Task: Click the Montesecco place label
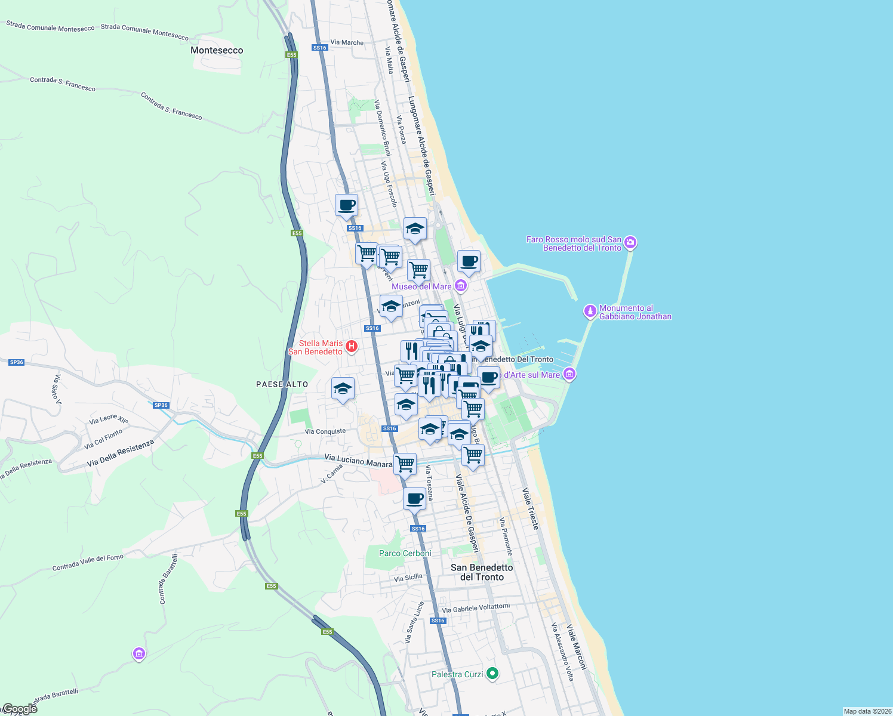tap(217, 50)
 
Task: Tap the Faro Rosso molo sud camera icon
tap(630, 243)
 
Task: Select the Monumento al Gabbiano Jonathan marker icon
tap(590, 311)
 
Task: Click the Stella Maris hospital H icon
tap(352, 346)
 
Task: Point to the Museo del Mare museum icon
tap(460, 286)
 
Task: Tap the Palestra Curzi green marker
tap(492, 674)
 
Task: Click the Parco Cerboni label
tap(405, 553)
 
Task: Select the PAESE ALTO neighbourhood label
tap(282, 384)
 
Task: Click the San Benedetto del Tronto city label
tap(482, 572)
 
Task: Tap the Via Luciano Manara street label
tap(358, 461)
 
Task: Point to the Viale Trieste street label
tap(531, 508)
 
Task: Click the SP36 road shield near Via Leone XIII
tap(161, 405)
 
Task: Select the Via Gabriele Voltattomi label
tap(476, 608)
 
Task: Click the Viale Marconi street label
tap(577, 647)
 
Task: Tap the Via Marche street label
tap(347, 42)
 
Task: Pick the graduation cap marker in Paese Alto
tap(343, 389)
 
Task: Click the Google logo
tap(19, 709)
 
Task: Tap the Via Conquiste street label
tap(325, 431)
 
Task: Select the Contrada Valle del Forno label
tap(88, 562)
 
